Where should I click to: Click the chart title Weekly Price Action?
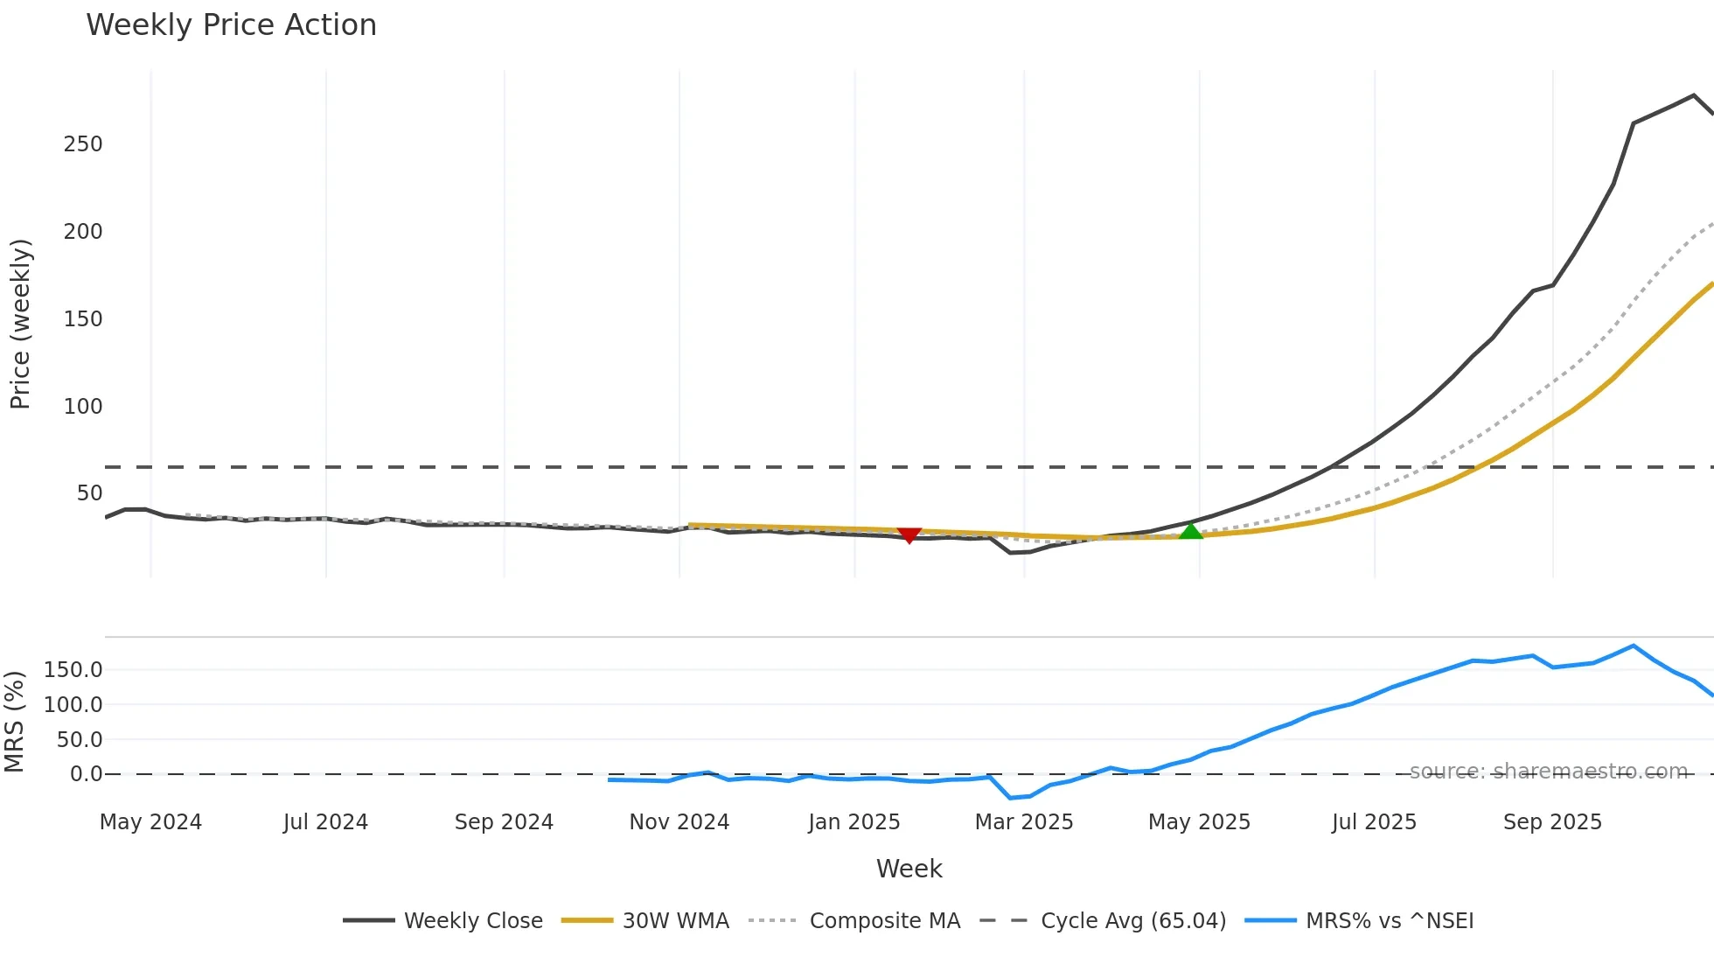coord(231,25)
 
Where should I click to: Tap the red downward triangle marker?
coord(909,534)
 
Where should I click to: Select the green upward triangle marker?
coord(1191,531)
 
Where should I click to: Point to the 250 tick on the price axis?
coord(83,144)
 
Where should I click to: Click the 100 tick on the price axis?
coord(83,407)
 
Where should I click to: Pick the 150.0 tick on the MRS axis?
coord(73,670)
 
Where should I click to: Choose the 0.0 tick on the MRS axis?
coord(86,774)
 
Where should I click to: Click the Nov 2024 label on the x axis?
coord(679,822)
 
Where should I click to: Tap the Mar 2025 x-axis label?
coord(1024,822)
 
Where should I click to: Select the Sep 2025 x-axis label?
coord(1552,822)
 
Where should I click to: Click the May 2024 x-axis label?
coord(150,822)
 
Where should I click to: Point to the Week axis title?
coord(909,869)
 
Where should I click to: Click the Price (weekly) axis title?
coord(21,324)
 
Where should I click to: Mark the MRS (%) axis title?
coord(14,722)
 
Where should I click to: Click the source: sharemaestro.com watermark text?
coord(1548,772)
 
